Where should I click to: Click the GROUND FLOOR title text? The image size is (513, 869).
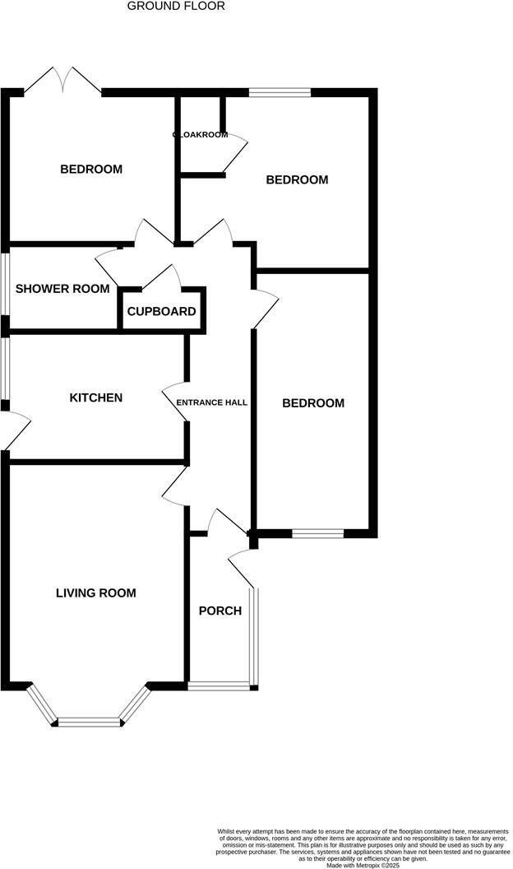pyautogui.click(x=176, y=6)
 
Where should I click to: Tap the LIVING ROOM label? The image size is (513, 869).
pyautogui.click(x=95, y=592)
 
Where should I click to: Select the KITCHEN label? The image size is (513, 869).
pyautogui.click(x=95, y=397)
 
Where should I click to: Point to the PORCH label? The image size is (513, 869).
pyautogui.click(x=220, y=611)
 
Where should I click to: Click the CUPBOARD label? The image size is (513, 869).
pyautogui.click(x=161, y=311)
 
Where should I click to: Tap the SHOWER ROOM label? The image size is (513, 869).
pyautogui.click(x=62, y=288)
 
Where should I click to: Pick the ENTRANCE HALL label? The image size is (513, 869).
pyautogui.click(x=212, y=402)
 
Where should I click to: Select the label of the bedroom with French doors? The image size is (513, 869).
pyautogui.click(x=91, y=170)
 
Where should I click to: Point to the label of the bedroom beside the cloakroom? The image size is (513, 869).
pyautogui.click(x=297, y=179)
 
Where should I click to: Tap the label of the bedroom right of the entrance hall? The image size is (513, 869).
pyautogui.click(x=312, y=403)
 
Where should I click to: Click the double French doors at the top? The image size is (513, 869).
pyautogui.click(x=63, y=80)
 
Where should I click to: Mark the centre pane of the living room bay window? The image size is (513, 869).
pyautogui.click(x=90, y=723)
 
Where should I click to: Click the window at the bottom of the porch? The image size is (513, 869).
pyautogui.click(x=219, y=685)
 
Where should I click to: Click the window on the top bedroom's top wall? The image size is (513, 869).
pyautogui.click(x=280, y=92)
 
